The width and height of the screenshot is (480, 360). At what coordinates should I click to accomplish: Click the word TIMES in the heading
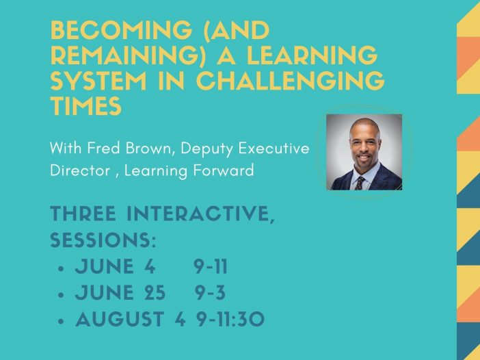pos(86,105)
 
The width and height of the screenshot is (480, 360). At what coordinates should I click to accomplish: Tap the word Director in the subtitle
pos(80,170)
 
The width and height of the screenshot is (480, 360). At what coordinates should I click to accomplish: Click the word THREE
pos(83,214)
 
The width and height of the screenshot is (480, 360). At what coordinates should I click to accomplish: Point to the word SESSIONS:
pos(103,240)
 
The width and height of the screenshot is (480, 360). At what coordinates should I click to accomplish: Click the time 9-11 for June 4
pos(211,266)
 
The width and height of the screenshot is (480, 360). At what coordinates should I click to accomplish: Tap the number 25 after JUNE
pos(155,293)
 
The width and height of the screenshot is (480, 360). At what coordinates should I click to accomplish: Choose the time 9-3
pos(211,293)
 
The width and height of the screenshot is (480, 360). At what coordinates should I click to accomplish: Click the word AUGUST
pos(120,319)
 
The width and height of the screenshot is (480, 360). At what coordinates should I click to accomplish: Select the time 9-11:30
pos(230,319)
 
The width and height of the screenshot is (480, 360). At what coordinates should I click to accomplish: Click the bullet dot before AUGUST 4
pos(62,321)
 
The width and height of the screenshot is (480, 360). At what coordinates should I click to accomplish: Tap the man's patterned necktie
pos(360,183)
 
